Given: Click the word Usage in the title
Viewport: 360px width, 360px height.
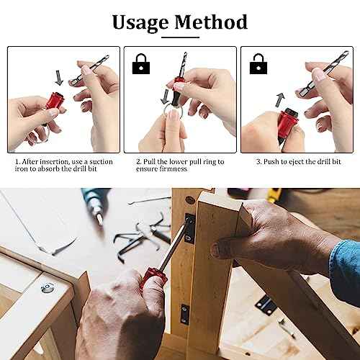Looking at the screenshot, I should pyautogui.click(x=142, y=22).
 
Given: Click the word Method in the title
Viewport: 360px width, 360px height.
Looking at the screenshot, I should pyautogui.click(x=210, y=22).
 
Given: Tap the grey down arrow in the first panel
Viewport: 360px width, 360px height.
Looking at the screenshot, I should pyautogui.click(x=59, y=75).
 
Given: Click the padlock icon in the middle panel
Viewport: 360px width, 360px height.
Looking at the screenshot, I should pyautogui.click(x=137, y=67).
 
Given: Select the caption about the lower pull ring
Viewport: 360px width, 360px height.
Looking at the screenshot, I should pyautogui.click(x=180, y=166).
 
